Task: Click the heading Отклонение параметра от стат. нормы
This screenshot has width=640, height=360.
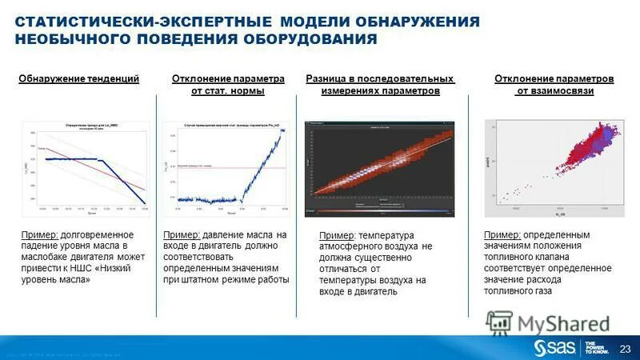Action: (x=228, y=85)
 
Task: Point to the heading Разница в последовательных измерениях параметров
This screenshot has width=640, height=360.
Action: (x=380, y=85)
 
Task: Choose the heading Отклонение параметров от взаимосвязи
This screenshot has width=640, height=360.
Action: (x=554, y=85)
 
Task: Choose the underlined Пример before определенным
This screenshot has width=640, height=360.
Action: (x=503, y=234)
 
